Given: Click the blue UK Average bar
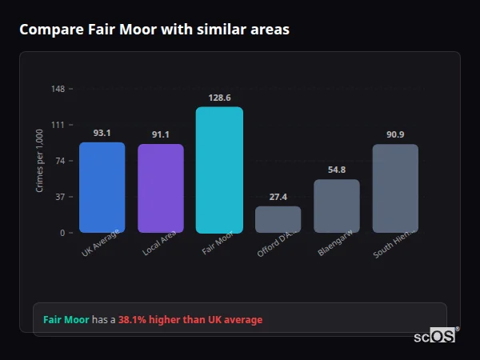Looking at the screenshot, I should pyautogui.click(x=102, y=187).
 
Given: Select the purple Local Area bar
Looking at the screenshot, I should pyautogui.click(x=160, y=188).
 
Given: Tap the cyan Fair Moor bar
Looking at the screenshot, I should pyautogui.click(x=219, y=170).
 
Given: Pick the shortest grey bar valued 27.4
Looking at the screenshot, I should pyautogui.click(x=278, y=219).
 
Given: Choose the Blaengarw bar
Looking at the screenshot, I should pyautogui.click(x=337, y=206).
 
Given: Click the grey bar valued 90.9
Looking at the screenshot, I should pyautogui.click(x=395, y=188).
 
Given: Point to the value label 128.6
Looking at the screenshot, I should pyautogui.click(x=219, y=98).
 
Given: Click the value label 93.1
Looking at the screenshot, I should pyautogui.click(x=102, y=133).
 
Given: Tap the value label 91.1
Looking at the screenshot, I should pyautogui.click(x=160, y=134).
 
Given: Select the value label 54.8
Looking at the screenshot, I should pyautogui.click(x=337, y=170).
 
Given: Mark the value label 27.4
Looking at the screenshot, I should pyautogui.click(x=278, y=197).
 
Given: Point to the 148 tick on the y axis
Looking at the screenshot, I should pyautogui.click(x=58, y=89).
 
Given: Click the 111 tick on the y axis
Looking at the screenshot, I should pyautogui.click(x=58, y=125).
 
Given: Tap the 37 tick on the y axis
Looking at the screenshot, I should pyautogui.click(x=60, y=197).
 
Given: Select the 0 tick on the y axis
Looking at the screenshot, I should pyautogui.click(x=62, y=233).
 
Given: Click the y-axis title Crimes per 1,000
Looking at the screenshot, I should pyautogui.click(x=40, y=161).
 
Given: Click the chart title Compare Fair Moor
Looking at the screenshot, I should pyautogui.click(x=154, y=30).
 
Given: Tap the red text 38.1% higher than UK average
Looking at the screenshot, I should pyautogui.click(x=190, y=320).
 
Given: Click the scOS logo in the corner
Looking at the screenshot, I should pyautogui.click(x=435, y=336).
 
